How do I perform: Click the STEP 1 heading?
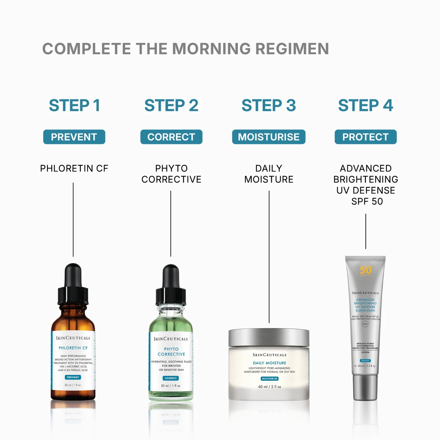(74, 105)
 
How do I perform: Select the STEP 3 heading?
(269, 105)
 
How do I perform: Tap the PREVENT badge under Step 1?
(74, 137)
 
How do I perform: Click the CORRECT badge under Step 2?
(171, 137)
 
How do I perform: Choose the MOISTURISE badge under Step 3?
(269, 137)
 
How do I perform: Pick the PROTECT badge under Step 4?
(365, 137)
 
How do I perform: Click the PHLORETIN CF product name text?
(74, 168)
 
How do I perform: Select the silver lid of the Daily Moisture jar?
(269, 337)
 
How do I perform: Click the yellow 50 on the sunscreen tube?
(365, 270)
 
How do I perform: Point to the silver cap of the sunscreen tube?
(365, 387)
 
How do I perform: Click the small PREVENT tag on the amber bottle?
(73, 378)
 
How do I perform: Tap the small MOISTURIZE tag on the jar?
(270, 379)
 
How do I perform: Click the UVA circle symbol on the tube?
(365, 324)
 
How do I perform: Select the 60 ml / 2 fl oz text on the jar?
(270, 387)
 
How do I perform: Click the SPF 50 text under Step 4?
(367, 202)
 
